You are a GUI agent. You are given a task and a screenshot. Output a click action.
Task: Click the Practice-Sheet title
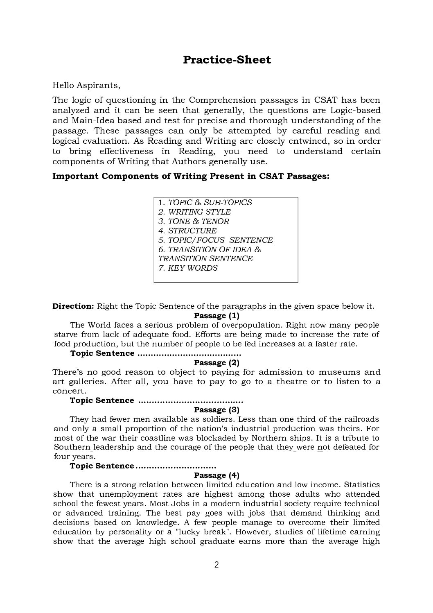click(227, 60)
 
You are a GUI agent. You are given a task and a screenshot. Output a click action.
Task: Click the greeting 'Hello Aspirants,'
click(86, 86)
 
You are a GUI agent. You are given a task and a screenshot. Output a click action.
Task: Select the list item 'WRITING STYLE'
click(199, 212)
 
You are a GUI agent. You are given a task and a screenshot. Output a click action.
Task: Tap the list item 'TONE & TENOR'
click(198, 222)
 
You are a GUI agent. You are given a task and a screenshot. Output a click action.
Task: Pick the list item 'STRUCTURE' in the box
click(192, 231)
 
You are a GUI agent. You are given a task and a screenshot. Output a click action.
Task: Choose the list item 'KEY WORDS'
click(193, 268)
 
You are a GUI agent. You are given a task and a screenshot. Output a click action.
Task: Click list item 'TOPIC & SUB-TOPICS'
click(210, 203)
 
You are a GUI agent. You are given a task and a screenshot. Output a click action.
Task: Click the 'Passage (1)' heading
click(216, 316)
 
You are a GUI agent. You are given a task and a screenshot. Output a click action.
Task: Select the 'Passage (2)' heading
click(216, 363)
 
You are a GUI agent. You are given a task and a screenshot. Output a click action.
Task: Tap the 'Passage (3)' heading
click(216, 410)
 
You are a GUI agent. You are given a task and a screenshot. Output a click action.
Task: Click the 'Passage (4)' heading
click(216, 475)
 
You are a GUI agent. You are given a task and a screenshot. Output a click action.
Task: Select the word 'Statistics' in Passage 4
click(361, 485)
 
